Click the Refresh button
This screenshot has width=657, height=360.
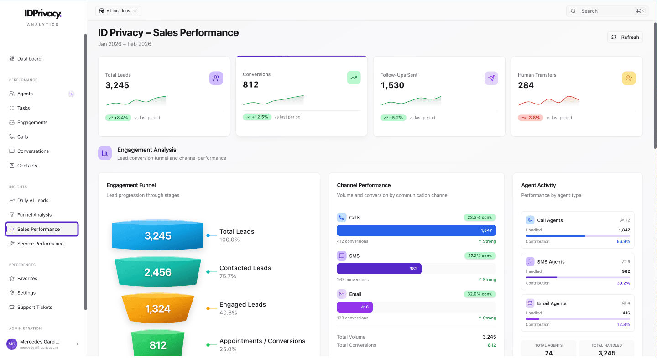pyautogui.click(x=625, y=37)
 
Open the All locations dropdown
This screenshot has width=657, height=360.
pyautogui.click(x=118, y=11)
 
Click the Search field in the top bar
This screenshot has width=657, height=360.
pyautogui.click(x=607, y=11)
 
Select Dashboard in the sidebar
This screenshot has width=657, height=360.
pyautogui.click(x=29, y=59)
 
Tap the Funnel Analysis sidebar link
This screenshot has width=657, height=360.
pyautogui.click(x=34, y=215)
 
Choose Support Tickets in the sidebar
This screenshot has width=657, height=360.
pyautogui.click(x=35, y=308)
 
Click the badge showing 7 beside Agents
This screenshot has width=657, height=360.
pyautogui.click(x=71, y=94)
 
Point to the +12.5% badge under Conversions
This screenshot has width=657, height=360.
pyautogui.click(x=256, y=117)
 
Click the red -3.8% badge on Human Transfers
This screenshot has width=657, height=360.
pyautogui.click(x=530, y=118)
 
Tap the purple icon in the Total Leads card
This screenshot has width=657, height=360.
pyautogui.click(x=216, y=78)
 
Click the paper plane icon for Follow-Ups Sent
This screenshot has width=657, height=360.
pyautogui.click(x=491, y=78)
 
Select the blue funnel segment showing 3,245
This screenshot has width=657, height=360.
pyautogui.click(x=158, y=236)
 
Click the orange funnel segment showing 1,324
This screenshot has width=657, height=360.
pyautogui.click(x=158, y=309)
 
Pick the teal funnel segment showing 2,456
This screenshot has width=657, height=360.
pyautogui.click(x=158, y=272)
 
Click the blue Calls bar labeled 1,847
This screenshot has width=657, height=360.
pyautogui.click(x=416, y=230)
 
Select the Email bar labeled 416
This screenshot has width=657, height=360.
pyautogui.click(x=355, y=307)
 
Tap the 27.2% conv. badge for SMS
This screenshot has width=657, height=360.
pyautogui.click(x=480, y=256)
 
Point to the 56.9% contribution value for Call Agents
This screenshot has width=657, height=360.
pyautogui.click(x=623, y=242)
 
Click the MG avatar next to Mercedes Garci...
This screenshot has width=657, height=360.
pyautogui.click(x=12, y=344)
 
